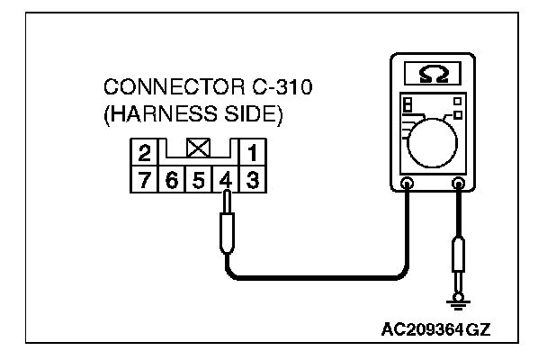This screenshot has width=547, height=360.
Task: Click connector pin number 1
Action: pyautogui.click(x=254, y=150)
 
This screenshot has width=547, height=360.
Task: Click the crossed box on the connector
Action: pyautogui.click(x=200, y=144)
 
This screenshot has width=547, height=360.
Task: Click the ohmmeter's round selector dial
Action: pyautogui.click(x=432, y=134)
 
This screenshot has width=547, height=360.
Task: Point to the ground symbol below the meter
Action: pyautogui.click(x=459, y=301)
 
